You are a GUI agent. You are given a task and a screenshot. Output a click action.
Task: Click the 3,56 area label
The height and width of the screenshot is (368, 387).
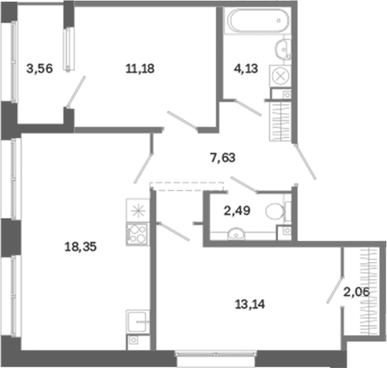tap(40, 69)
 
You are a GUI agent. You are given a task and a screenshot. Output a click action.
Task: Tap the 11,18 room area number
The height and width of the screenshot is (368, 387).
tap(140, 69)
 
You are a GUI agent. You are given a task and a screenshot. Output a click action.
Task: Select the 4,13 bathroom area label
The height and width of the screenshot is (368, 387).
tap(246, 69)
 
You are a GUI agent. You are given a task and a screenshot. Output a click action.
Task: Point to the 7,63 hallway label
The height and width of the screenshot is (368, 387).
tap(223, 157)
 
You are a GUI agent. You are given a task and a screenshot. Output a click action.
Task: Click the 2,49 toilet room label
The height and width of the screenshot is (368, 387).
tap(237, 211)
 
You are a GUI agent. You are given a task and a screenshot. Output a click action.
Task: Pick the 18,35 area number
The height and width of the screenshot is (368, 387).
tap(81, 246)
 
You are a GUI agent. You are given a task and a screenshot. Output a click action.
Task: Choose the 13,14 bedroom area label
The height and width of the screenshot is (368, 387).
tap(250, 304)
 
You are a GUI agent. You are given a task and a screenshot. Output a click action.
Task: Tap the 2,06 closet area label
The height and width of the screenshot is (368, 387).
tap(357, 292)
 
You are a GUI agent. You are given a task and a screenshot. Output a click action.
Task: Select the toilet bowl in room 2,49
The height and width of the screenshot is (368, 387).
tap(275, 212)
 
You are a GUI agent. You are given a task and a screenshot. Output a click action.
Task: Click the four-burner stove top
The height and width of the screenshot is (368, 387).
tap(137, 234)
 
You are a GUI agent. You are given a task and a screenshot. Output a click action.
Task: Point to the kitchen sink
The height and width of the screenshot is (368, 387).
tap(137, 322)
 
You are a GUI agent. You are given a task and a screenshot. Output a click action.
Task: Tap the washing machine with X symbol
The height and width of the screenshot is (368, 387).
tap(280, 77)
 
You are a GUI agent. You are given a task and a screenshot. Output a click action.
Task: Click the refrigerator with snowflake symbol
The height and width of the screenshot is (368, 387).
tap(137, 211)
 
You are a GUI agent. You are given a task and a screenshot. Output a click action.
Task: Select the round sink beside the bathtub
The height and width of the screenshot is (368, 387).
tap(283, 48)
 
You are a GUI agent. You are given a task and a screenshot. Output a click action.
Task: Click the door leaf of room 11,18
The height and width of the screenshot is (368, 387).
tap(182, 120)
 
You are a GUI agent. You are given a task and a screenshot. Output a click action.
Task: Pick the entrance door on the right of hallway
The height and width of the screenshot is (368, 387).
tap(305, 162)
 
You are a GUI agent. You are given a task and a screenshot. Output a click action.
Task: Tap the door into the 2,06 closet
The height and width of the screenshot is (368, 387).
tap(335, 290)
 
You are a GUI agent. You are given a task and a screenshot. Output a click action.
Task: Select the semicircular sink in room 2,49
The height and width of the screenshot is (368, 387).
tap(236, 233)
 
